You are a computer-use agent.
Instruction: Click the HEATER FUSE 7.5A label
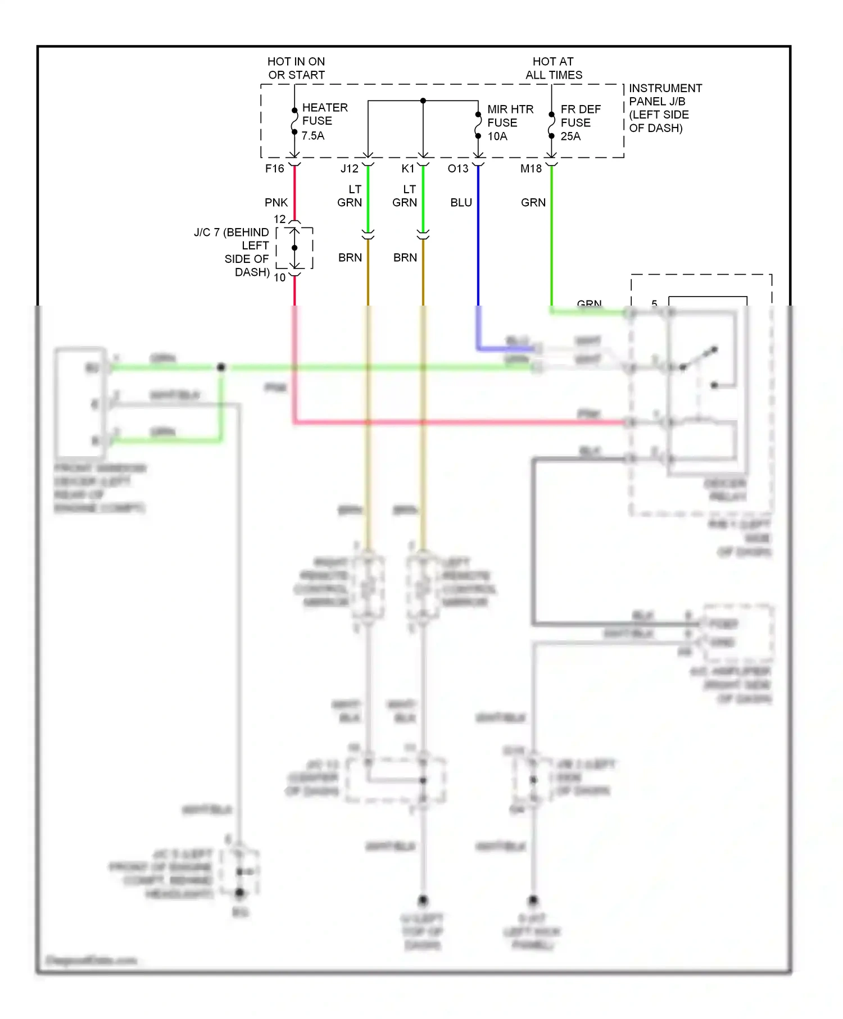tap(324, 121)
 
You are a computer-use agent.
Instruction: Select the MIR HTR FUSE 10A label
tap(510, 122)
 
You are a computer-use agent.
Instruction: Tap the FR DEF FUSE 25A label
tap(580, 122)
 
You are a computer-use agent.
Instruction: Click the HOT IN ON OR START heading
tap(296, 68)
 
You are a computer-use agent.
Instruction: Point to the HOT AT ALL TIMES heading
tap(554, 68)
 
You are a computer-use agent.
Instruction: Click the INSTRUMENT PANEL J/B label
tap(665, 108)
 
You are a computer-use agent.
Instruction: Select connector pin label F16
tap(275, 169)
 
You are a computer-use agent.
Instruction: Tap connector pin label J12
tap(349, 169)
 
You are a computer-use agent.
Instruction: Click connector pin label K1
tap(407, 169)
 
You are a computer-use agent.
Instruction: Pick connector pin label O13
tap(457, 169)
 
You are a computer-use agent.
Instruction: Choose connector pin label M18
tap(531, 169)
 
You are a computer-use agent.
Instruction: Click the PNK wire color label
tap(276, 202)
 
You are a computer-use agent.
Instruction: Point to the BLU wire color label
tap(461, 202)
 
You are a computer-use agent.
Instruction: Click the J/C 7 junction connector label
tap(232, 252)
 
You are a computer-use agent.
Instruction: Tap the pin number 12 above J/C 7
tap(279, 219)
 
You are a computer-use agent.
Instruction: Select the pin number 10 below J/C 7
tap(279, 278)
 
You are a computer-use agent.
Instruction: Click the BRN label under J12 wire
tap(350, 257)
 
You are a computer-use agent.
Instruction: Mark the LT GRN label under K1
tap(405, 195)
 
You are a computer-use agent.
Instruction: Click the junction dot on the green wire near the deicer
tap(221, 367)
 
